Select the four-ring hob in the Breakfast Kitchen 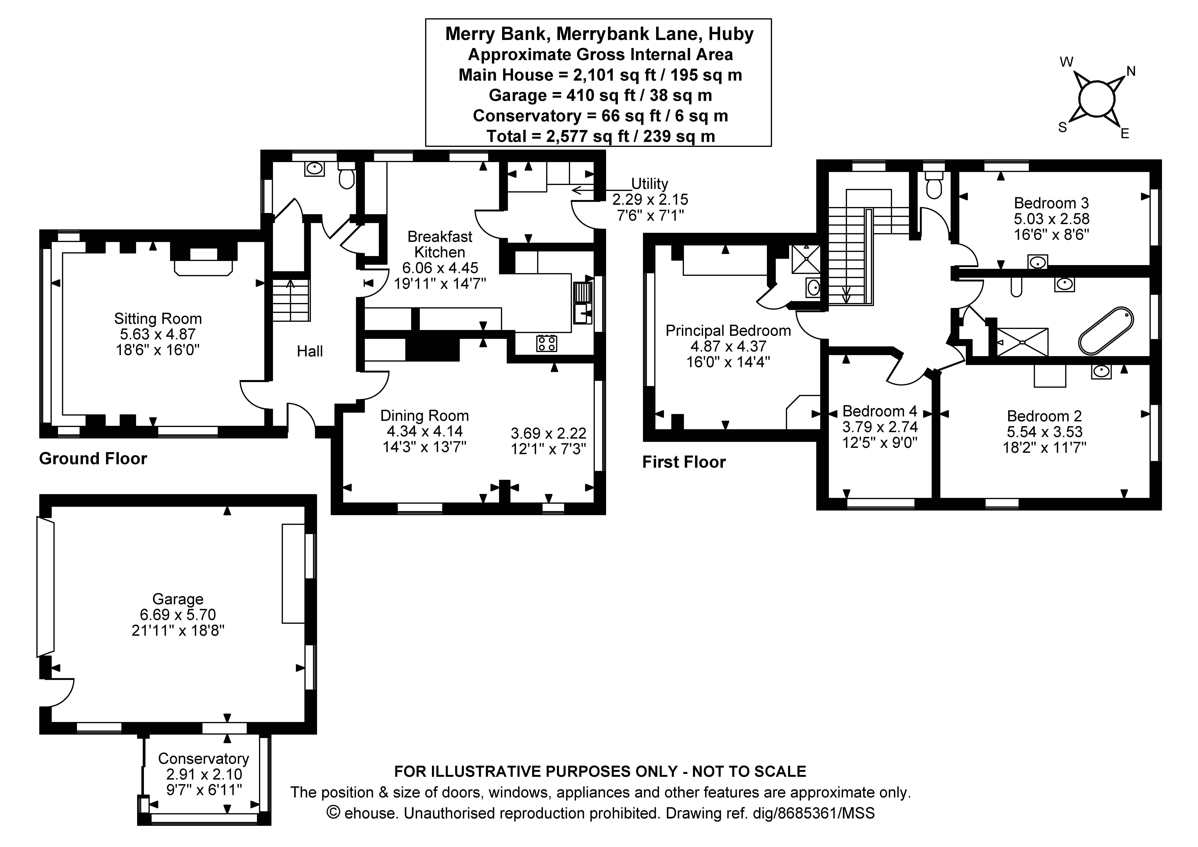point(546,343)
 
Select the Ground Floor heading point(93,459)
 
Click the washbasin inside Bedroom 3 point(1037,262)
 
